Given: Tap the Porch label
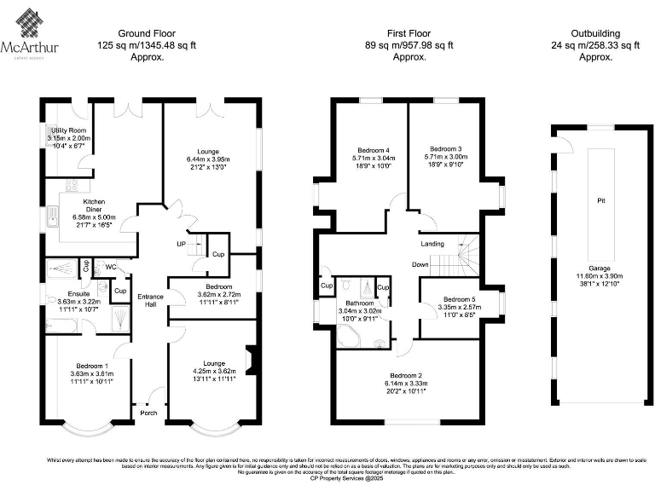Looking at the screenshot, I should [x=148, y=414].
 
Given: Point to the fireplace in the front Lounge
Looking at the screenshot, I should [x=249, y=360].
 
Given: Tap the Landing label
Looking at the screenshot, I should [x=432, y=245].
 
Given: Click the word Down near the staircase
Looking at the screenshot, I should [x=420, y=264].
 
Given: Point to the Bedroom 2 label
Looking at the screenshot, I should [x=408, y=376].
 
